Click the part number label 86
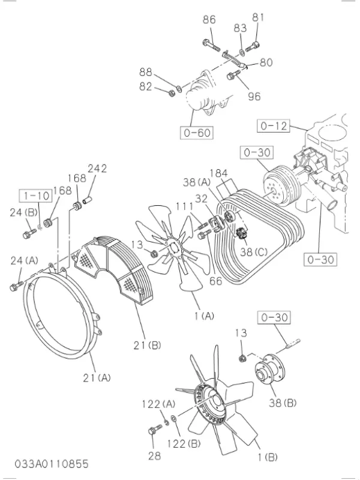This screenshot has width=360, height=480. (x=209, y=20)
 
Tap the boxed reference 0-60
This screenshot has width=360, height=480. (x=196, y=132)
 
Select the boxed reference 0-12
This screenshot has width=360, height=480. (x=274, y=126)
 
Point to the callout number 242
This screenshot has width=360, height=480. (x=97, y=169)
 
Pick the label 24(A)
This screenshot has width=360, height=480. (x=24, y=260)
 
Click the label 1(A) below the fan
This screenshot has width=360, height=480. (x=203, y=315)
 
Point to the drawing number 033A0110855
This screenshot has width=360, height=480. (x=53, y=464)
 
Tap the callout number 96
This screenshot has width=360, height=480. (x=254, y=95)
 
